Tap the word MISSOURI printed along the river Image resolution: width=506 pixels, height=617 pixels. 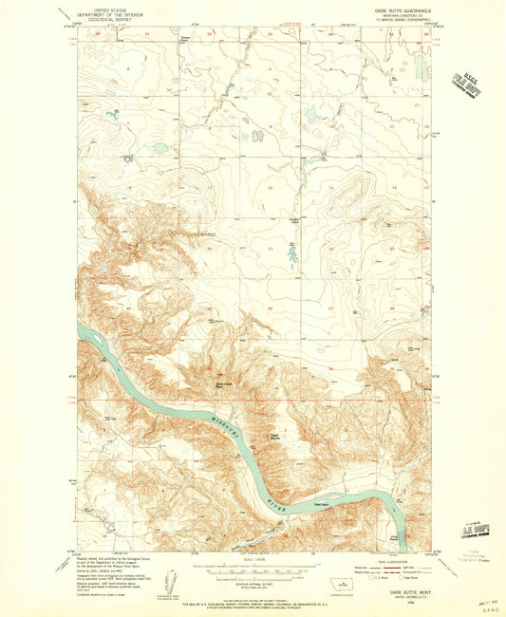coord(214,418)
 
